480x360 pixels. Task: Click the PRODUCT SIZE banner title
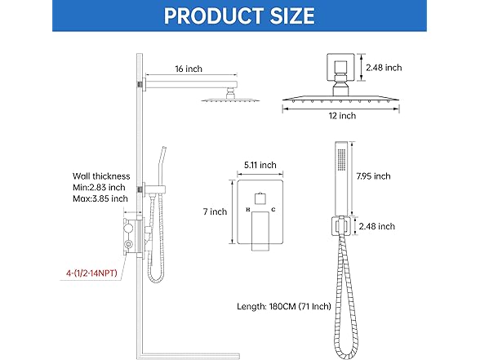point(239,16)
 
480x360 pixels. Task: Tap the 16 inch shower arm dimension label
point(189,69)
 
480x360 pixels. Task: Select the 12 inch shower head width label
point(342,116)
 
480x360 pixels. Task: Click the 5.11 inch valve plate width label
point(260,165)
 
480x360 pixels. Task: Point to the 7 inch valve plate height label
point(215,211)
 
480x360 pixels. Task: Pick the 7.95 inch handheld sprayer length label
point(374,176)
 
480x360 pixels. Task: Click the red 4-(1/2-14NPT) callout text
point(91,273)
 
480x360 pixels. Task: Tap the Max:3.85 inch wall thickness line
point(100,198)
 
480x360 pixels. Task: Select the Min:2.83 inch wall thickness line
point(99,188)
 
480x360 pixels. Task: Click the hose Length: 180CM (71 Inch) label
point(284,306)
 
